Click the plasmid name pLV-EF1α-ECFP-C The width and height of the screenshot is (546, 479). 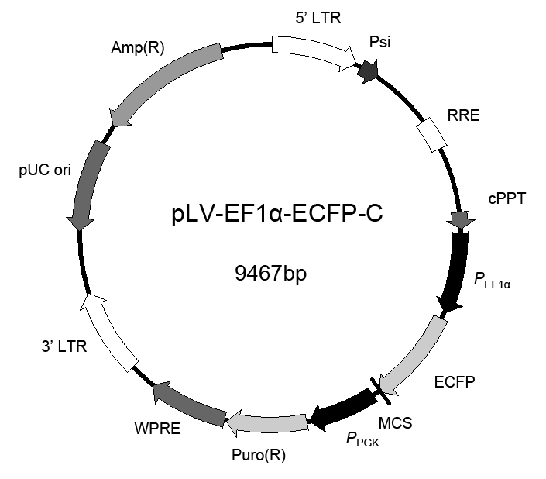(x=277, y=213)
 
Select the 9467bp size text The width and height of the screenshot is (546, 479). (x=271, y=273)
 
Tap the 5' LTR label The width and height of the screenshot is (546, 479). (x=318, y=18)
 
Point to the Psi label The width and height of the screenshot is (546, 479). (x=379, y=42)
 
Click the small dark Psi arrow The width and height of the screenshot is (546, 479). (x=369, y=71)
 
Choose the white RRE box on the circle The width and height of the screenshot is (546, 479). (x=432, y=134)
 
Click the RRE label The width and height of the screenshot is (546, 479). (x=463, y=115)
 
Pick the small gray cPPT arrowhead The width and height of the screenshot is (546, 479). (x=461, y=220)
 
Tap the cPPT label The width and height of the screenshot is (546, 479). (x=507, y=198)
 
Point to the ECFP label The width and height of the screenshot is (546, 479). (x=455, y=382)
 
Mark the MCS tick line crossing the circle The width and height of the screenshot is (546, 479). (x=380, y=391)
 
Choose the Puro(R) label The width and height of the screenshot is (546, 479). (x=259, y=455)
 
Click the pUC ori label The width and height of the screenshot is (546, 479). (x=45, y=171)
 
